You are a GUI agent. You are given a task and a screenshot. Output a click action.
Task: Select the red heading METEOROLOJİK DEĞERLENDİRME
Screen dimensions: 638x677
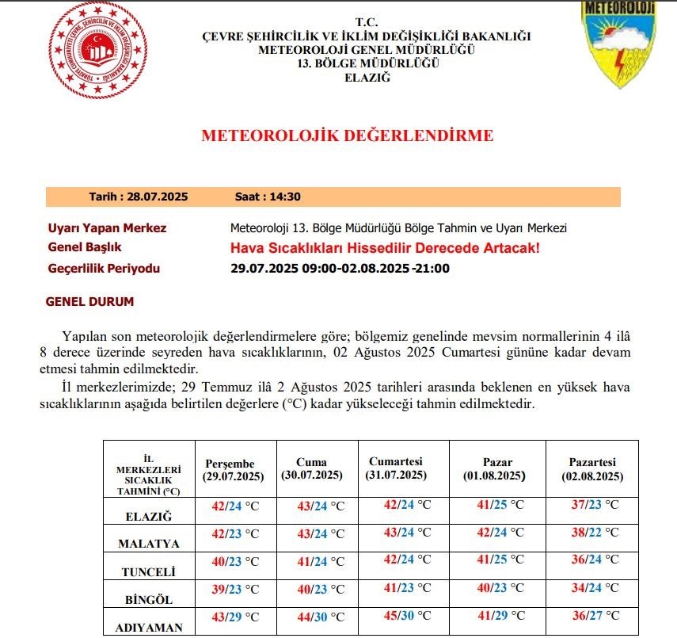347,136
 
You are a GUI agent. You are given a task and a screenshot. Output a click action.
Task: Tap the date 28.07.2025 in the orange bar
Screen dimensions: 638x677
139,197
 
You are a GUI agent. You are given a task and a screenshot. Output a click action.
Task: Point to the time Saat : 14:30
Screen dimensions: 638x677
268,197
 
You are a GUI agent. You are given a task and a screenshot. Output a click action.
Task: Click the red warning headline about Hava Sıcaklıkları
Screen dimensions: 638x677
385,248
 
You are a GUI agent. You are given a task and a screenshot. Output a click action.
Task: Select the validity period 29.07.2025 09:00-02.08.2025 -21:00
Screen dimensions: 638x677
340,268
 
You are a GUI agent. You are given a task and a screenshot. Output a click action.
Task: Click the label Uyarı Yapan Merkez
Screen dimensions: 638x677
108,228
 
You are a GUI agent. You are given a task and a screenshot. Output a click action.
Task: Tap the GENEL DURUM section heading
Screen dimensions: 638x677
89,302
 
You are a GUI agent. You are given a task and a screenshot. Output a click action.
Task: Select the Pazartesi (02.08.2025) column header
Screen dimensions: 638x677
592,469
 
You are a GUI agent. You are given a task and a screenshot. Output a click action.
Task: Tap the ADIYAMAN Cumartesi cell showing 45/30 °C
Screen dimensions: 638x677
407,615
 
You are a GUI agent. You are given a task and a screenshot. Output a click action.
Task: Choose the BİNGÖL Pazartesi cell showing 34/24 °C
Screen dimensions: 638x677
594,588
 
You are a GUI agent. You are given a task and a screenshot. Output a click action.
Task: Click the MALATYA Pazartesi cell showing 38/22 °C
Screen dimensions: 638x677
594,533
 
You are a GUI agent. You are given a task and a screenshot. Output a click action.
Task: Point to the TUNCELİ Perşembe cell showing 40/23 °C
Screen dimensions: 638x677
234,561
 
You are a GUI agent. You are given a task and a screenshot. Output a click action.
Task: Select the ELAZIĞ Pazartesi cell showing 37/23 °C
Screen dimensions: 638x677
594,505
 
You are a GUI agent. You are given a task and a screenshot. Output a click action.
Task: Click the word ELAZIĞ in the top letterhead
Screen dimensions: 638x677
367,77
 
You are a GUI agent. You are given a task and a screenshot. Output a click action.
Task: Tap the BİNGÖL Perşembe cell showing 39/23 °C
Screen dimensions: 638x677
234,589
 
